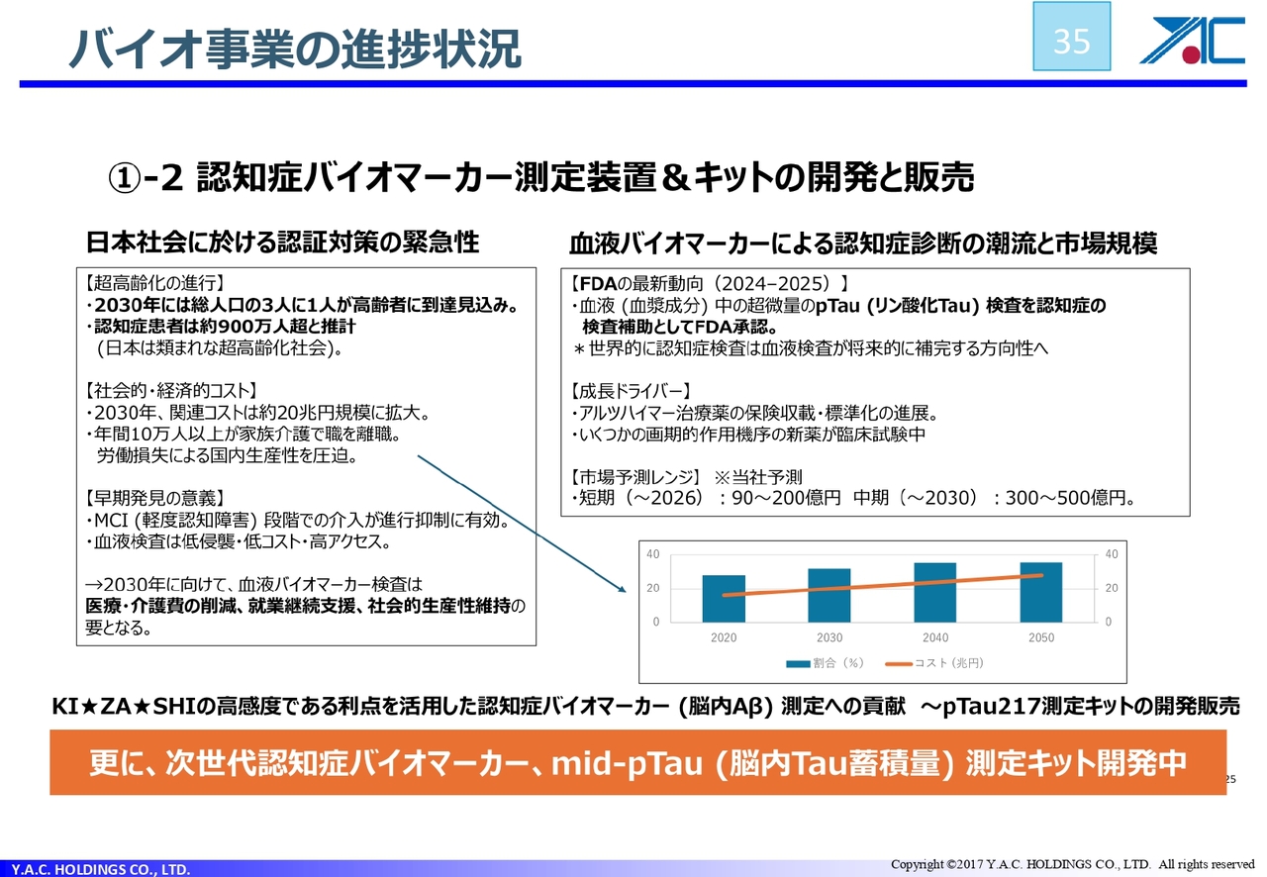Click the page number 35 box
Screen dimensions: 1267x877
tap(1071, 37)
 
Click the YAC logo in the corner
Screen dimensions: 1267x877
tap(1193, 41)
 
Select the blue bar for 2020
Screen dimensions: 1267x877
tap(724, 599)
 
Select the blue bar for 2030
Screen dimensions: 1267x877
tap(829, 595)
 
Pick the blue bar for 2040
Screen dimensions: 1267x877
tap(935, 592)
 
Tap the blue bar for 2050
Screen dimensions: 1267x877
tap(1040, 592)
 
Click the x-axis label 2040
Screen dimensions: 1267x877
tap(935, 637)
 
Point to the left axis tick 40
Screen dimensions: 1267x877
tap(653, 554)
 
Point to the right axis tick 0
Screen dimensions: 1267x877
tap(1108, 622)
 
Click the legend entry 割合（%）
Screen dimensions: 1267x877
tap(826, 663)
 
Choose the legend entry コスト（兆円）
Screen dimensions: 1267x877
tap(935, 663)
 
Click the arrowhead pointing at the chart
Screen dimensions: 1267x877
tap(623, 589)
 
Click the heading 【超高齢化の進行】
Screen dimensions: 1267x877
tap(155, 282)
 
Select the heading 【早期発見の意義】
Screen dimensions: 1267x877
tap(155, 498)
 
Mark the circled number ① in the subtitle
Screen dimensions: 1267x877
tap(125, 178)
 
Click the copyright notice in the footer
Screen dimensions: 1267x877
tap(1072, 864)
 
